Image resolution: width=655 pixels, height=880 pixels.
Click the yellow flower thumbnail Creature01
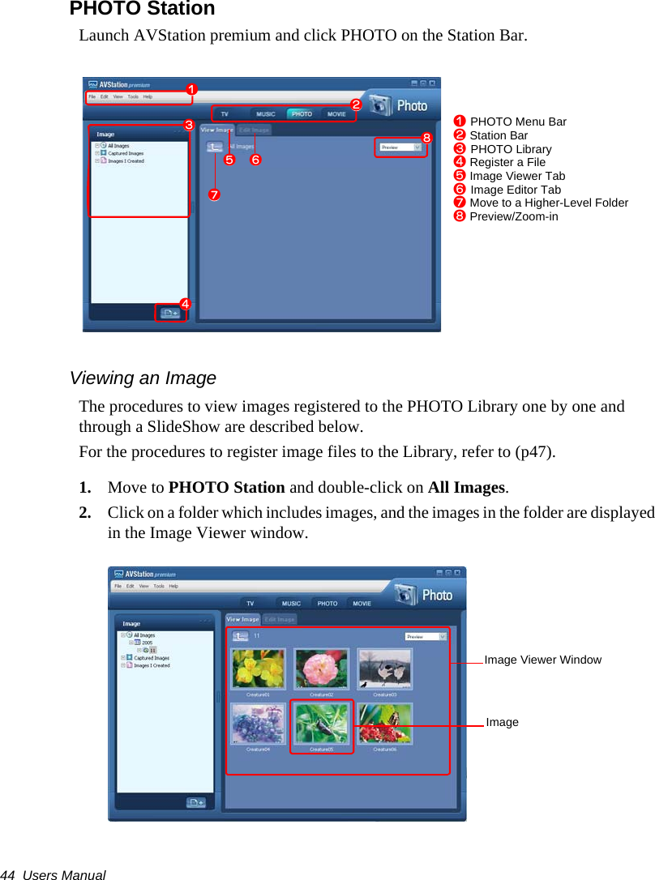(x=258, y=669)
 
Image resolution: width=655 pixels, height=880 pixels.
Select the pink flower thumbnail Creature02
(x=321, y=669)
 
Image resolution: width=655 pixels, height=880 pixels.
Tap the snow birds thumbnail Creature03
(x=384, y=669)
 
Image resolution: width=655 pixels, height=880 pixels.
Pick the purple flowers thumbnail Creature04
(x=258, y=724)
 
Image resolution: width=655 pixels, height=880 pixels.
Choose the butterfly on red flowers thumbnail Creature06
(x=384, y=724)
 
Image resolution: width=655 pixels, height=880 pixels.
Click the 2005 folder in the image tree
(x=147, y=643)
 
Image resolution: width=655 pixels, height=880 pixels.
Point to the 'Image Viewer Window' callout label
(x=542, y=660)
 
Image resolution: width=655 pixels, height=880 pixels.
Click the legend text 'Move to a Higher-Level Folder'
(x=548, y=203)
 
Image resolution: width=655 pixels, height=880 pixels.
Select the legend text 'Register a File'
(x=507, y=162)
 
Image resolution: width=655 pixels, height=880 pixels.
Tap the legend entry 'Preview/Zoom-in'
(x=513, y=216)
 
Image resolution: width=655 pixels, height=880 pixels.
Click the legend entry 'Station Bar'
(x=498, y=135)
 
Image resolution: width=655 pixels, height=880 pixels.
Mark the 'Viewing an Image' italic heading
(x=143, y=378)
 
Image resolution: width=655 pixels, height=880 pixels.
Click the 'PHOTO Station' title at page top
(x=142, y=9)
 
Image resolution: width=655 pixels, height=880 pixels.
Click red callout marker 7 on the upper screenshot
(x=214, y=195)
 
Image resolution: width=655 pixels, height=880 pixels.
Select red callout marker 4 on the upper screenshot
(x=185, y=304)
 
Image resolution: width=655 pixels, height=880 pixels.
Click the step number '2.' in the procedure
(x=85, y=513)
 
